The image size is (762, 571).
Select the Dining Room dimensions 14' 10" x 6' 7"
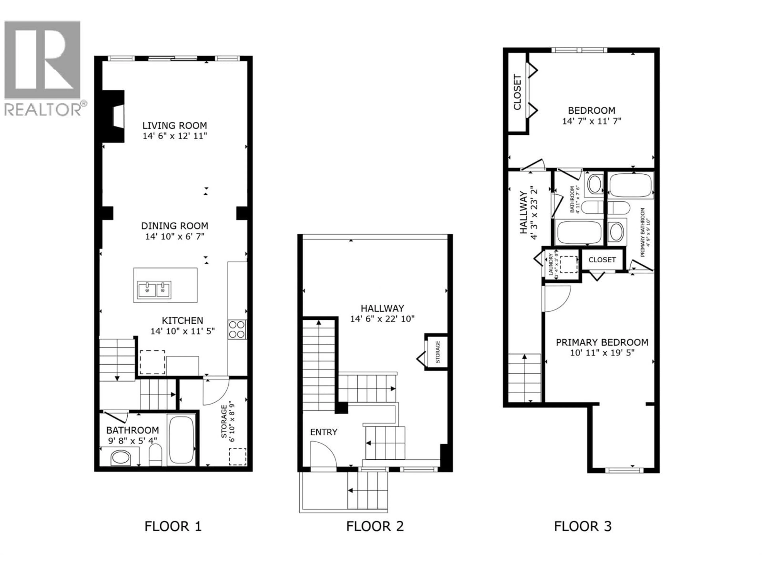(175, 237)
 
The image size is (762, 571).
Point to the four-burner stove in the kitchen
(237, 329)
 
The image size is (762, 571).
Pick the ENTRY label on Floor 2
(323, 432)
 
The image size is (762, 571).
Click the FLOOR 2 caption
(375, 526)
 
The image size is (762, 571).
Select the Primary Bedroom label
(602, 342)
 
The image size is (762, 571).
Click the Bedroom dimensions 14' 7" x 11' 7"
(592, 121)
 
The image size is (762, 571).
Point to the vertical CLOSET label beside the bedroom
(517, 92)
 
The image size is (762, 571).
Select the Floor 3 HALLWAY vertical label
(523, 213)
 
